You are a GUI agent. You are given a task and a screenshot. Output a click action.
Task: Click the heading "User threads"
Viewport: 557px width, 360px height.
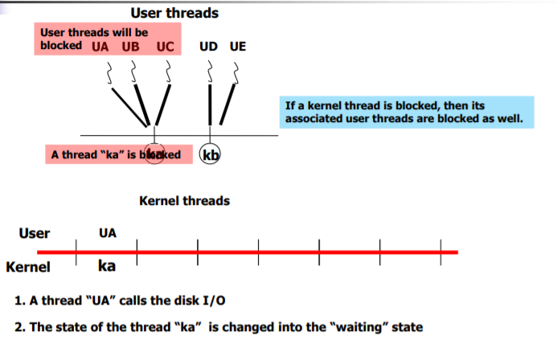click(174, 13)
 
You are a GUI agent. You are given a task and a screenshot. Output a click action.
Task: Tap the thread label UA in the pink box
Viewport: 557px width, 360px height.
click(100, 46)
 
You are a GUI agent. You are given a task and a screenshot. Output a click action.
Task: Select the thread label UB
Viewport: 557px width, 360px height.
click(130, 46)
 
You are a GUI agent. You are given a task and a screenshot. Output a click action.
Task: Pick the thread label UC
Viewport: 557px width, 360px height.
click(165, 46)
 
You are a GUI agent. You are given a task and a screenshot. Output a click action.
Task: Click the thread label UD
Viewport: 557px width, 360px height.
click(208, 46)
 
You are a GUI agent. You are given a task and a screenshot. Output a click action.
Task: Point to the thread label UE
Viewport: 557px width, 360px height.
click(237, 46)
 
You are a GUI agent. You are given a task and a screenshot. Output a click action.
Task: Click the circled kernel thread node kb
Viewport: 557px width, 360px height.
click(211, 154)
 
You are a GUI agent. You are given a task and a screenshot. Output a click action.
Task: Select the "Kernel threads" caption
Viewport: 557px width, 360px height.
click(184, 201)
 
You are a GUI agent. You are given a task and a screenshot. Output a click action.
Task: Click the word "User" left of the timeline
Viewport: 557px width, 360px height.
click(35, 233)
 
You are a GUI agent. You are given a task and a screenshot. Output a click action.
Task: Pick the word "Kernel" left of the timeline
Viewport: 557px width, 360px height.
click(28, 267)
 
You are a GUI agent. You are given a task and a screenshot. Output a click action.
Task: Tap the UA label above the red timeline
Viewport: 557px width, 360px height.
click(107, 233)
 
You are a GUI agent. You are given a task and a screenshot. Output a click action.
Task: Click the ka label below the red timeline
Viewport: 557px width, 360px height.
click(107, 266)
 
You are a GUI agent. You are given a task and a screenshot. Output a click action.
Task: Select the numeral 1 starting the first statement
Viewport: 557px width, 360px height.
click(18, 301)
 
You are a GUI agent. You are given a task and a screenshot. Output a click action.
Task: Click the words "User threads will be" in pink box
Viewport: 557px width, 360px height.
click(94, 32)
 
